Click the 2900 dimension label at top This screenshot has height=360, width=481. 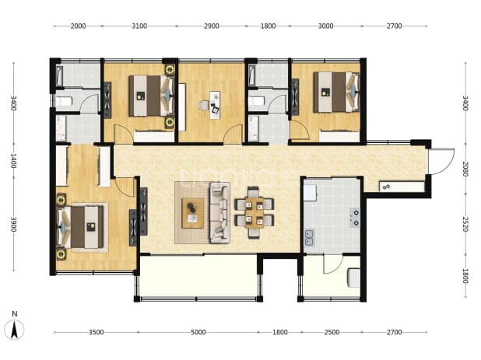point(212,26)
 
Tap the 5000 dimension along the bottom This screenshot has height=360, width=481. point(198,332)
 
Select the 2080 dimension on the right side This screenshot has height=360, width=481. point(465,170)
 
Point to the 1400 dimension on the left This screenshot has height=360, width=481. point(13,160)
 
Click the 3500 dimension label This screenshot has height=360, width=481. point(96,332)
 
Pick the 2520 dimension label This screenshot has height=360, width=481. point(465,224)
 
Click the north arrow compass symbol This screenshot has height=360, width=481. point(14,330)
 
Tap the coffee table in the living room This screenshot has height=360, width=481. point(193,213)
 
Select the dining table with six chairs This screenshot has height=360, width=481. point(255,212)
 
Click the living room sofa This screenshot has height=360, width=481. point(219,212)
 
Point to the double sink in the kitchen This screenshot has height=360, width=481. point(309,238)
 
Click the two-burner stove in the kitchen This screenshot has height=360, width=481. point(355,218)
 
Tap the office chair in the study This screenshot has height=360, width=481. point(203,106)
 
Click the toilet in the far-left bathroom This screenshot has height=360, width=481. point(64,101)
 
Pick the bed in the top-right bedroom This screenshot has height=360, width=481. point(336,92)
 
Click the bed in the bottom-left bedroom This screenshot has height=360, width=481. point(80,227)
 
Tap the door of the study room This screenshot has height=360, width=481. point(233,134)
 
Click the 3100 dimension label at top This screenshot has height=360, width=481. point(139,26)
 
